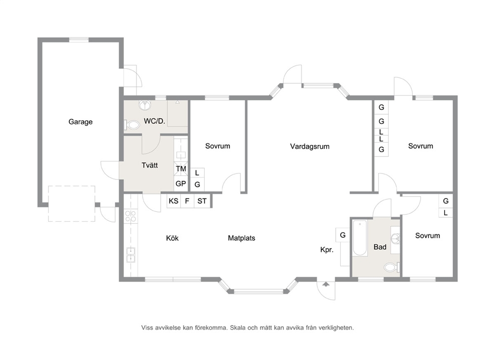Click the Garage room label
coord(80,122)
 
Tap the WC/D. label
coord(154,121)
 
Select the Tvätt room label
coord(150,165)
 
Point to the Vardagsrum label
coord(310,146)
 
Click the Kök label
coord(172,238)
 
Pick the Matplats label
coord(242,238)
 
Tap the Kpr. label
coord(327,250)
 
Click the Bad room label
coord(380,247)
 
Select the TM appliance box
coord(181,169)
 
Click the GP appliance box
coord(181,183)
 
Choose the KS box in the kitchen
coord(174,201)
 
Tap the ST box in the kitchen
coord(202,201)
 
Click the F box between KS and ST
coord(187,201)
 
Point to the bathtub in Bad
coord(360,238)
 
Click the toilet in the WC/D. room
coord(132,125)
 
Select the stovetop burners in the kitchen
coord(130,216)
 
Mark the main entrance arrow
coord(326,284)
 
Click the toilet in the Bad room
coord(392,268)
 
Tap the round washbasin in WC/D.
coord(145,105)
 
